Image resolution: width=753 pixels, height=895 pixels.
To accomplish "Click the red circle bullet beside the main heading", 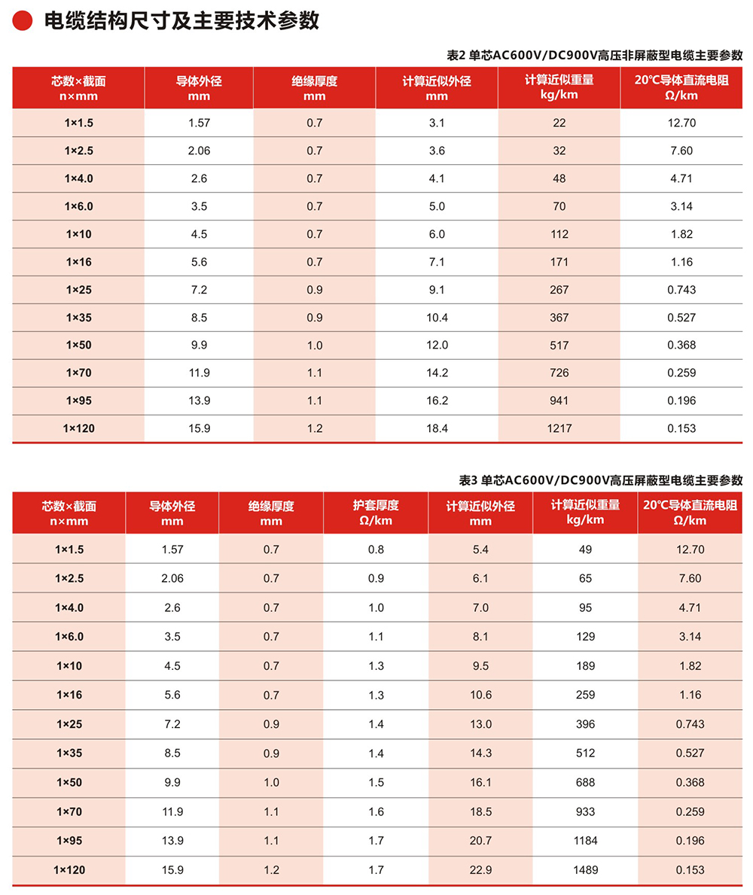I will tap(23, 22).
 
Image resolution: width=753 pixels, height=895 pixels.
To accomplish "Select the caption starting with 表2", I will tap(595, 55).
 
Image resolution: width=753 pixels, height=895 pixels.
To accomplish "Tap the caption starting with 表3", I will tap(600, 480).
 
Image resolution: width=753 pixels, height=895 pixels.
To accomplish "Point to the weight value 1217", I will tap(559, 428).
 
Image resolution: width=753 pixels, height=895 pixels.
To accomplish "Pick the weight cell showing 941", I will tap(559, 400).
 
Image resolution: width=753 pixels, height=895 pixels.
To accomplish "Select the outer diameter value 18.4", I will tap(437, 428).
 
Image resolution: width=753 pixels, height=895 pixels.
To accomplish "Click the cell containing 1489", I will tap(584, 869).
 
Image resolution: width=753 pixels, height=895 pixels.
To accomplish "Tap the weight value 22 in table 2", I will tap(559, 123).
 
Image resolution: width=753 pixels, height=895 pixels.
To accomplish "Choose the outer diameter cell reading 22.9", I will tap(480, 869).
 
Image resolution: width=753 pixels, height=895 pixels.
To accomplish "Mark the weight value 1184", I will tap(584, 840).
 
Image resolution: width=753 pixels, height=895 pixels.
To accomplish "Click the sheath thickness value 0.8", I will tap(376, 549).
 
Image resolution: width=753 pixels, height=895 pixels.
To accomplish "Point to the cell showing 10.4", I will tap(437, 318).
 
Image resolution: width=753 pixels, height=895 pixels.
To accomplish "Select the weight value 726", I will tap(559, 373).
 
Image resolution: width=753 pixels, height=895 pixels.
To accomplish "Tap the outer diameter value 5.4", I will tap(480, 549).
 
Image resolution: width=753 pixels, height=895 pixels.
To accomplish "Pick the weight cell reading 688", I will tap(584, 782).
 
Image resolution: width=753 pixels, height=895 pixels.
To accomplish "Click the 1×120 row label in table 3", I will tap(69, 869).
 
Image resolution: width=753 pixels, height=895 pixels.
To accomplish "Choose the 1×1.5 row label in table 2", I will tap(78, 123).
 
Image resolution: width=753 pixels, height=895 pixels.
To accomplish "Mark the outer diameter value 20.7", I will tap(480, 840).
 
